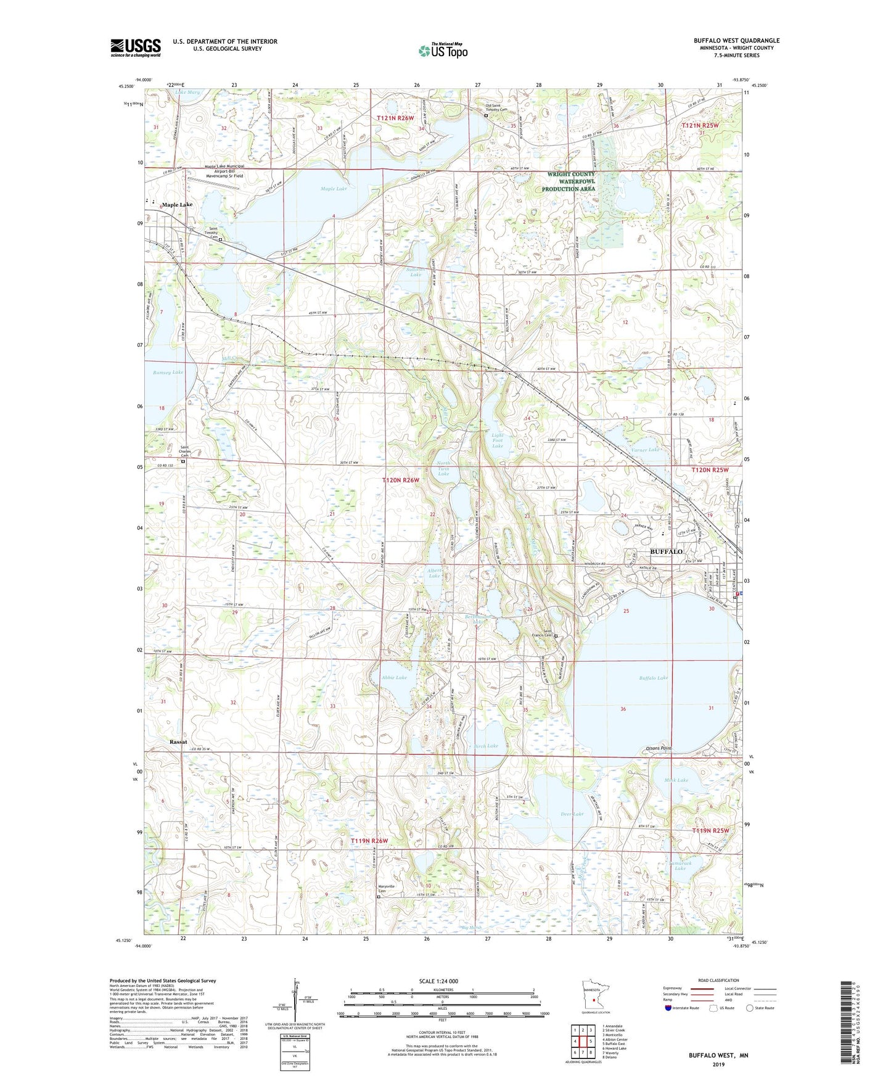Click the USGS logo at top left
tap(135, 47)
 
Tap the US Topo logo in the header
tap(443, 51)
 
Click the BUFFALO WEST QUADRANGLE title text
tap(736, 41)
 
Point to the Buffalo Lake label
tap(653, 678)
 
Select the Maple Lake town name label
tap(177, 205)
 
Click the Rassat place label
tap(178, 742)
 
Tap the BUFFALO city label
tap(667, 551)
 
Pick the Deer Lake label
tap(572, 814)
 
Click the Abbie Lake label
tap(394, 677)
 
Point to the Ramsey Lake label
tap(168, 373)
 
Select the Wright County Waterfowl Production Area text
tap(571, 181)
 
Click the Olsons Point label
tap(659, 748)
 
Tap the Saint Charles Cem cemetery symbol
tap(183, 460)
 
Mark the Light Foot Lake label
tap(498, 440)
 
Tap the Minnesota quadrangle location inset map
tap(594, 997)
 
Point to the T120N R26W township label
tap(400, 480)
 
